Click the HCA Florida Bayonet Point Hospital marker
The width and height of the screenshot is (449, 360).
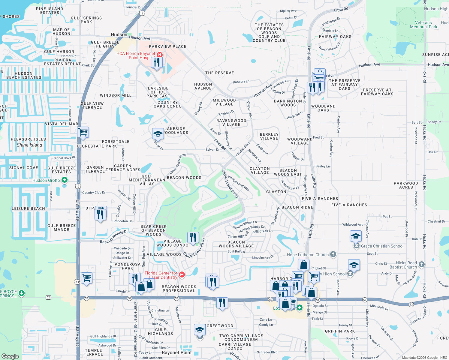[160, 55]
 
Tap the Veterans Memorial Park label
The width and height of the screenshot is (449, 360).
[423, 25]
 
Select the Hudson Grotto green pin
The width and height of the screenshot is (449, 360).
[64, 180]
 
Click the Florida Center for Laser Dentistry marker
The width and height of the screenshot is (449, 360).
[182, 274]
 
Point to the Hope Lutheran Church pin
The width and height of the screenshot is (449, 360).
[333, 254]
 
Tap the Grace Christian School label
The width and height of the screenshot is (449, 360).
[382, 246]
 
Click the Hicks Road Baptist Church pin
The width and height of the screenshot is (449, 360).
[421, 264]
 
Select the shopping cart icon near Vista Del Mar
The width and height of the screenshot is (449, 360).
[83, 132]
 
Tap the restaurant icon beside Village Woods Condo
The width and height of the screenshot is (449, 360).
[193, 237]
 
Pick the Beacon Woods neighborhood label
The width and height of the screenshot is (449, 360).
[184, 178]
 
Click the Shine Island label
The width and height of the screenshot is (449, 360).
[29, 145]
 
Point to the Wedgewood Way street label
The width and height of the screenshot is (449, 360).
[239, 183]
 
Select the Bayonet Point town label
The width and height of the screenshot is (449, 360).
[176, 352]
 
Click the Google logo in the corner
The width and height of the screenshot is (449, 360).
[10, 356]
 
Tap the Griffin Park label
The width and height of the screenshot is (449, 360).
[340, 331]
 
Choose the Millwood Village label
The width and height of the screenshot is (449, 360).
[224, 102]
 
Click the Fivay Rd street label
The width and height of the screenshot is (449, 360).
[220, 144]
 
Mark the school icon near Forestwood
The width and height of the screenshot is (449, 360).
[200, 330]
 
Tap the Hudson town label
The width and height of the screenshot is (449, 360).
[119, 34]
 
